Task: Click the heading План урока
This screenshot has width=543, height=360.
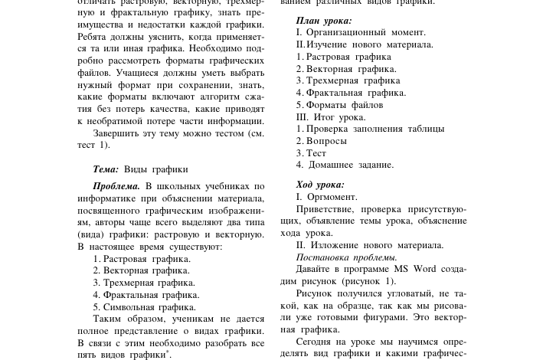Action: coord(323,21)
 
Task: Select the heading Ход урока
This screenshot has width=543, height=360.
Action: coord(320,185)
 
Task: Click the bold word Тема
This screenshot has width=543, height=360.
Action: coord(105,169)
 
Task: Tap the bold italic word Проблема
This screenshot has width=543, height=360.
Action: coord(116,186)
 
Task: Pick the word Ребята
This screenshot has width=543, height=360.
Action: coord(93,36)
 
